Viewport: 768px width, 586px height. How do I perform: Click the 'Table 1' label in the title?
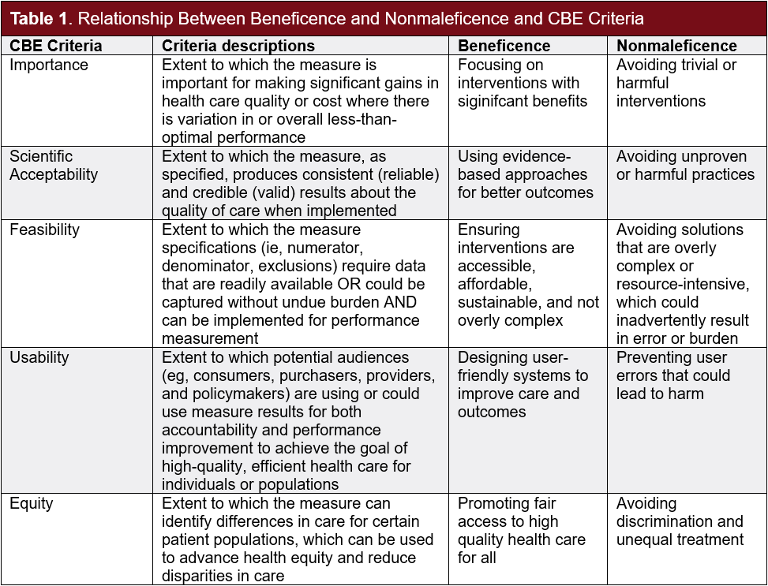[37, 18]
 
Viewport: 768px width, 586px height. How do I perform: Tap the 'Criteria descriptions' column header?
[238, 46]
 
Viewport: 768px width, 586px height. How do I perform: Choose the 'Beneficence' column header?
[504, 46]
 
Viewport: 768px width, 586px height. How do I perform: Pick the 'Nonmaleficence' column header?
[676, 46]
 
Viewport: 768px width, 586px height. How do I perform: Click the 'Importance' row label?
[49, 65]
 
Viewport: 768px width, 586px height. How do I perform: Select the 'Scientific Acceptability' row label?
[54, 165]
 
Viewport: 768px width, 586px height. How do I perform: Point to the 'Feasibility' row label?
[45, 230]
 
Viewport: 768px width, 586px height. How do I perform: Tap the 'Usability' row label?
[39, 357]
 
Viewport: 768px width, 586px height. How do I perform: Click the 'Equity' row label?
[31, 503]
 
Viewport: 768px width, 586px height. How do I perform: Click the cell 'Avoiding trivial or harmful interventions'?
[676, 83]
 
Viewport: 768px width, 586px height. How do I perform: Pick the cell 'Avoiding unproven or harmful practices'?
[685, 165]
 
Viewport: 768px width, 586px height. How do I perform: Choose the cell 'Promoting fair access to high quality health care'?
[522, 530]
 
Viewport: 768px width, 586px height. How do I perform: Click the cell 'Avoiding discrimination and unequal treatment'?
[680, 521]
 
